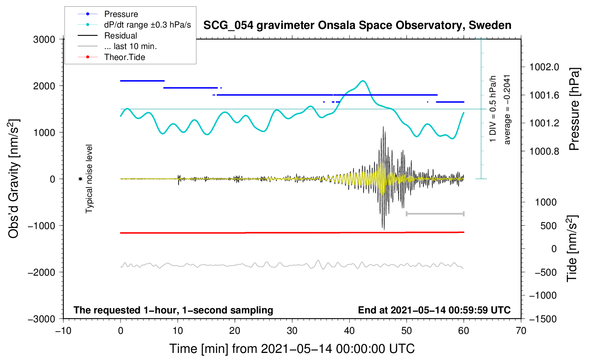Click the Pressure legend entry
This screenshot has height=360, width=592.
[121, 14]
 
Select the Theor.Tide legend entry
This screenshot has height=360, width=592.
[124, 57]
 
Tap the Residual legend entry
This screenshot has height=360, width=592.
[120, 36]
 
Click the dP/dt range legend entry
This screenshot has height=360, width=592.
[147, 25]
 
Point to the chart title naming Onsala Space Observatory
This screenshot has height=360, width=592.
[357, 25]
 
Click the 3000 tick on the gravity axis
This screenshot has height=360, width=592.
[44, 40]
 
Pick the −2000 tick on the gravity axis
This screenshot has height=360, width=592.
[42, 272]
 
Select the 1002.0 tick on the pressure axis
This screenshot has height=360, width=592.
[544, 67]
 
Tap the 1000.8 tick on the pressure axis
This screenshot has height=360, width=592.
[544, 151]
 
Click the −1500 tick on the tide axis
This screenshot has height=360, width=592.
[543, 319]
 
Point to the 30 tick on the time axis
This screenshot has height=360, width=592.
[292, 331]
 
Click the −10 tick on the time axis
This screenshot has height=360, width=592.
[63, 331]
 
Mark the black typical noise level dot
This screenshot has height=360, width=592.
[81, 179]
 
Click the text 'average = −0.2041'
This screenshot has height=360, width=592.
[507, 109]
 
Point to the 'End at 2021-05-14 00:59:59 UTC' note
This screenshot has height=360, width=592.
[434, 310]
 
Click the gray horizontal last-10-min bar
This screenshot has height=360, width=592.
[435, 214]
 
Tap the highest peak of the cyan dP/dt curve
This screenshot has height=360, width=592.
[363, 81]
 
